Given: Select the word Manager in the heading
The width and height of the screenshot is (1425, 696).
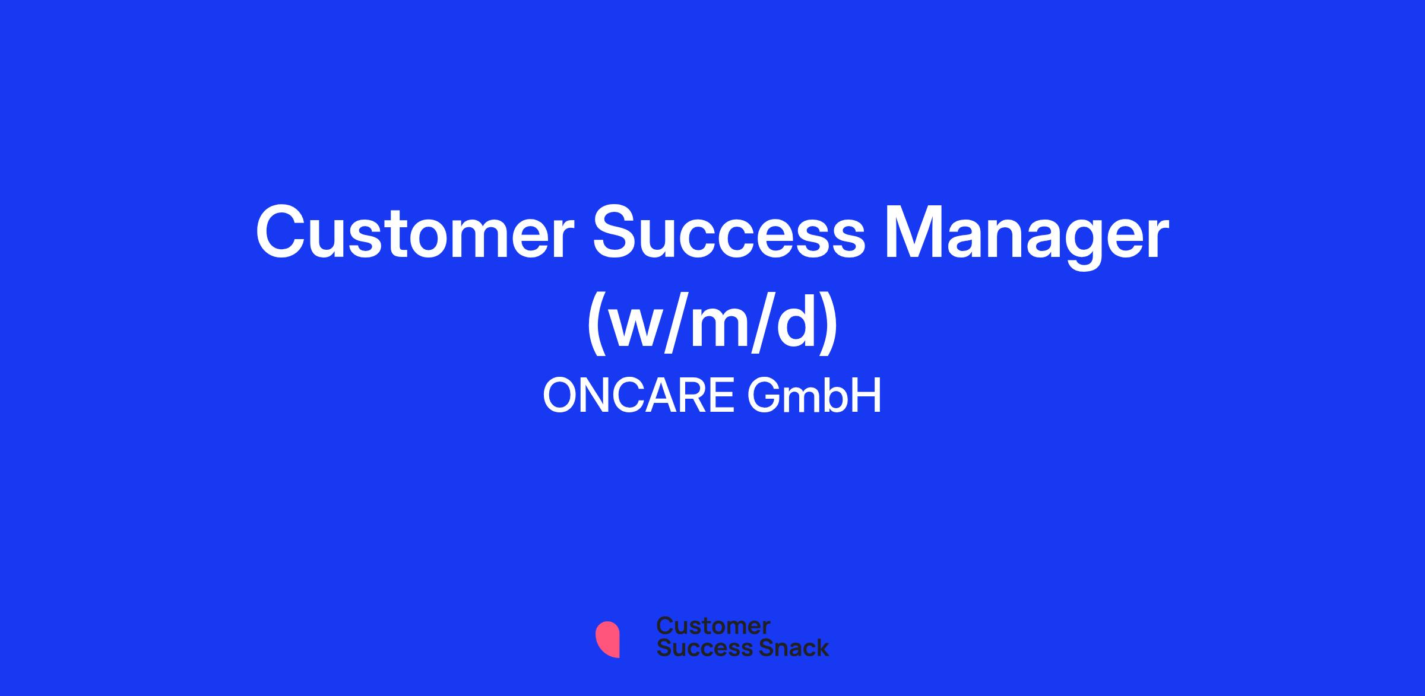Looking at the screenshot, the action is point(1027,237).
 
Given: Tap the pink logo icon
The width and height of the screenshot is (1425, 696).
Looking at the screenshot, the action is point(607,639).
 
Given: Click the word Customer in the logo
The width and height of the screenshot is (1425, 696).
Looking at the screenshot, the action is point(713,626).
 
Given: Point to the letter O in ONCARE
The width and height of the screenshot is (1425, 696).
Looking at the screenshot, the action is point(562,396).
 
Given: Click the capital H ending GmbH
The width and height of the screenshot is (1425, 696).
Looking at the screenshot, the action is point(867,396).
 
